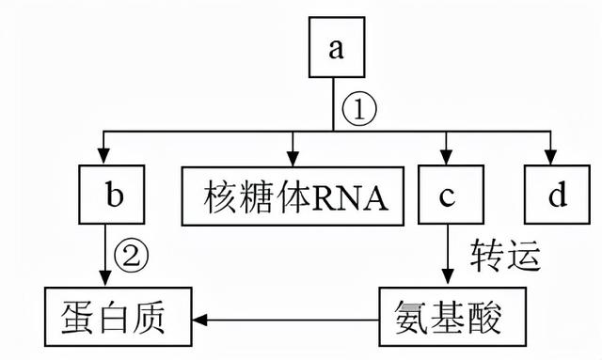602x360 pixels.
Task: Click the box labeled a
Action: [335, 48]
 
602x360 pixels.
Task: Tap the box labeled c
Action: [445, 196]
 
